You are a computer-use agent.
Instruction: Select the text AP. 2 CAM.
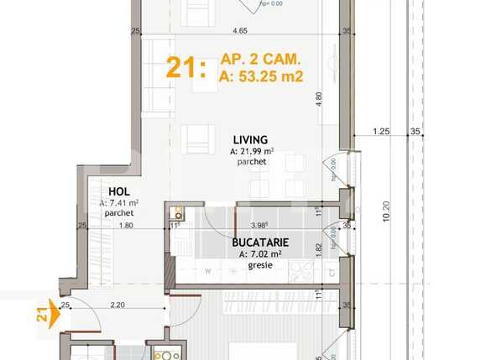pos(261,60)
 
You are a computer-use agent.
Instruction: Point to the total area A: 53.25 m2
pos(261,77)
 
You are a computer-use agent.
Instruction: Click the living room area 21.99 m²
pos(253,151)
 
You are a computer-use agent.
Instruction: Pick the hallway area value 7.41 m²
pos(119,203)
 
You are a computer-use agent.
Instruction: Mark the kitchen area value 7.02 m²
pos(260,253)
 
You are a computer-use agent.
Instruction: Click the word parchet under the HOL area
pos(119,213)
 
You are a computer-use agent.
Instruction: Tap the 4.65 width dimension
pos(239,31)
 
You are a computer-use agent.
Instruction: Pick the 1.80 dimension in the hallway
pos(126,225)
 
